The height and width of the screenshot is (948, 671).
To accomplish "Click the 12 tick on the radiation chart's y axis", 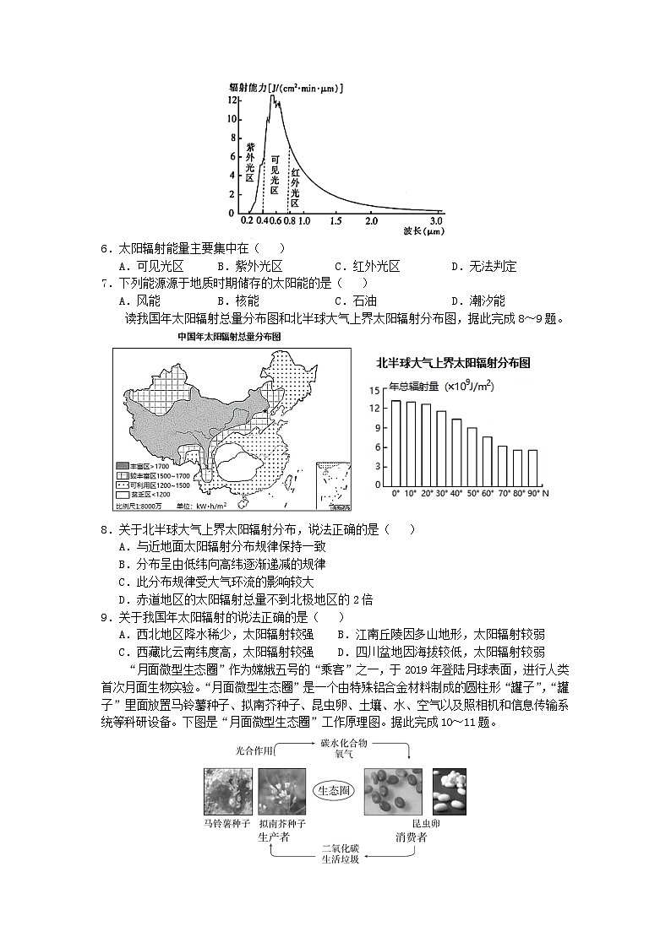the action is point(232,99).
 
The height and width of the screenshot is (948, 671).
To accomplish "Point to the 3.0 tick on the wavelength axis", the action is point(436,220).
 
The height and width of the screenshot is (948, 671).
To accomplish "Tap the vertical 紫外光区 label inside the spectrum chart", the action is point(249,162).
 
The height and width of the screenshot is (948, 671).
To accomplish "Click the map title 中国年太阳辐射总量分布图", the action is point(229,336).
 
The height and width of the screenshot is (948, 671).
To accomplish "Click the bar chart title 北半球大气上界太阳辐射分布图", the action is point(453,363).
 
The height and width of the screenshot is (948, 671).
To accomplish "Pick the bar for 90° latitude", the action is point(532,467).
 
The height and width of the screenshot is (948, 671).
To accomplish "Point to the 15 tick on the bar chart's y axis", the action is point(374,390).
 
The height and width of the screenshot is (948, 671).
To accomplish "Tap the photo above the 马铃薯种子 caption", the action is point(227,792).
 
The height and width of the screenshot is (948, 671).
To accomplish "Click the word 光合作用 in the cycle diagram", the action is point(255,750).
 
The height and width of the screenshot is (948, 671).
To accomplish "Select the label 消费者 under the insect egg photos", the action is point(411,837).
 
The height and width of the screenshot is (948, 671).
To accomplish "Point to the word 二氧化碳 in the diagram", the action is point(340,847).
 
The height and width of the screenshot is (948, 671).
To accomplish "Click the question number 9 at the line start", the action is point(105,617).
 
